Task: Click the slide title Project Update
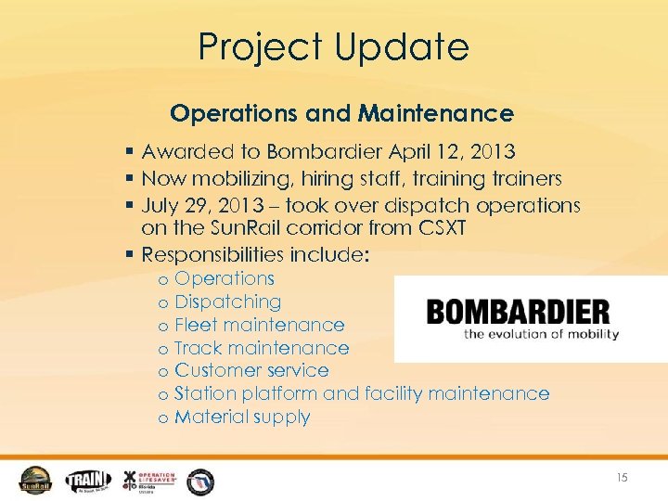[x=334, y=46]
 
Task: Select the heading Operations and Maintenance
[x=341, y=113]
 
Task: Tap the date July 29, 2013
[x=197, y=204]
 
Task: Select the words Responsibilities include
[x=254, y=254]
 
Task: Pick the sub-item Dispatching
[x=227, y=302]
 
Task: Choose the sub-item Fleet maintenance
[x=259, y=325]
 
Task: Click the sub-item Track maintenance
[x=262, y=348]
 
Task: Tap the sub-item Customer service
[x=251, y=370]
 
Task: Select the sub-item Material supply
[x=242, y=417]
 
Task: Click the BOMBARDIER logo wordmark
[x=518, y=312]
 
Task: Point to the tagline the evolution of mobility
[x=542, y=334]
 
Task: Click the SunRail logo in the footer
[x=36, y=479]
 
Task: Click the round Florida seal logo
[x=200, y=480]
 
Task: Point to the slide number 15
[x=621, y=478]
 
